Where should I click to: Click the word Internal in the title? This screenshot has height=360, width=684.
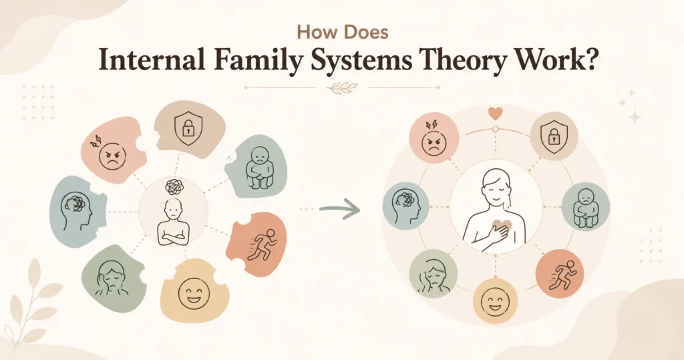(152, 61)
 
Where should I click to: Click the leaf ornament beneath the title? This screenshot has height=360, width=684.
(342, 87)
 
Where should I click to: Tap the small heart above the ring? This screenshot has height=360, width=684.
(495, 114)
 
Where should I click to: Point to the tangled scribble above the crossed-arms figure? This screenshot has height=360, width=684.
(174, 187)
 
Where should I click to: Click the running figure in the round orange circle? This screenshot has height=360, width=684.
(562, 275)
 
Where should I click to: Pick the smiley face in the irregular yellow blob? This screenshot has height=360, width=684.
(194, 293)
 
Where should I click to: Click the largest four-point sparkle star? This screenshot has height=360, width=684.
(635, 117)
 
